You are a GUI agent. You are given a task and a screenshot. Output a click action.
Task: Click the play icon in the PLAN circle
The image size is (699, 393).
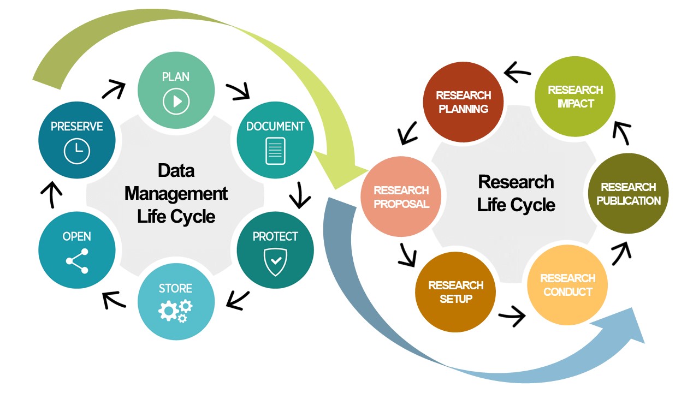[176, 101]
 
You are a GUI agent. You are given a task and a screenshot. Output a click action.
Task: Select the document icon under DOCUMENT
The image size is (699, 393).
[275, 151]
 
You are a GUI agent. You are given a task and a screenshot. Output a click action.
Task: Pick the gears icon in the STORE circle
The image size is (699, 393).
[176, 310]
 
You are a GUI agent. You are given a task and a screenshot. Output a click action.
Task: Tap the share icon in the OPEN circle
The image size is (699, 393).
[77, 261]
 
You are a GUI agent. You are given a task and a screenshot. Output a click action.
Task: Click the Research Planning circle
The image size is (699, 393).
[463, 102]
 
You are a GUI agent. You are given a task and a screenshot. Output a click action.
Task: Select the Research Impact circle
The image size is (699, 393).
[575, 97]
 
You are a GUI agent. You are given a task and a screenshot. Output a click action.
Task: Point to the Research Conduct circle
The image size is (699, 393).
[567, 285]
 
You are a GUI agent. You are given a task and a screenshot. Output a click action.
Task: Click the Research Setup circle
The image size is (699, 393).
[456, 292]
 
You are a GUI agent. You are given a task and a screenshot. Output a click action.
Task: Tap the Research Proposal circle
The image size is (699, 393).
[401, 197]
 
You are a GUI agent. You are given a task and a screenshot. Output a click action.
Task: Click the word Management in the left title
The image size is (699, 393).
[176, 193]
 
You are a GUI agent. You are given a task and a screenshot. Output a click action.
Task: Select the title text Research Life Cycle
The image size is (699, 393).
[516, 193]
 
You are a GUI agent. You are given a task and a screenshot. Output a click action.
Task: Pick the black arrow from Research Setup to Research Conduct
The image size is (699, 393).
[512, 315]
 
